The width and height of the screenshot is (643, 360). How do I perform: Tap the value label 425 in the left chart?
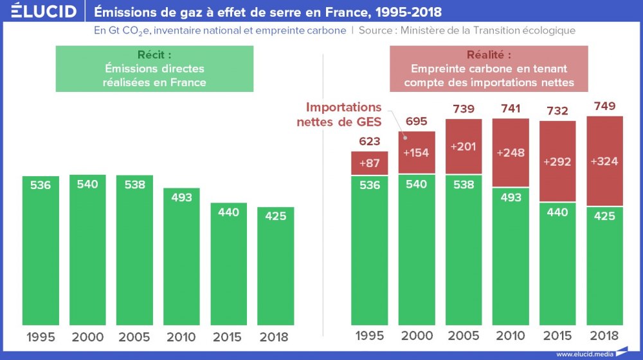pyautogui.click(x=276, y=216)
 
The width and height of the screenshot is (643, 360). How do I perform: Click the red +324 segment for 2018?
pyautogui.click(x=604, y=161)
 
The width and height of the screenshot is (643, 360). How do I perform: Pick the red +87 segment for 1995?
pyautogui.click(x=370, y=163)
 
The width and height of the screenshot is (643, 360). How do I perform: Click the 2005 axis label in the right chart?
pyautogui.click(x=464, y=336)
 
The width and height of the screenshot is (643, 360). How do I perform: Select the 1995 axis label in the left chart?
pyautogui.click(x=41, y=336)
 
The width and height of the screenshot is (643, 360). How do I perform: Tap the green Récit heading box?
pyautogui.click(x=154, y=69)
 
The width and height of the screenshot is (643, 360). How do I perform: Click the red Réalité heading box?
pyautogui.click(x=489, y=69)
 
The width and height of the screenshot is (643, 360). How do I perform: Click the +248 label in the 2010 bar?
pyautogui.click(x=511, y=152)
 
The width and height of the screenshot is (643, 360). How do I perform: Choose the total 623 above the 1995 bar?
pyautogui.click(x=370, y=141)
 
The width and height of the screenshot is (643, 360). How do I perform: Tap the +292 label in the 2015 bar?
pyautogui.click(x=557, y=162)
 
